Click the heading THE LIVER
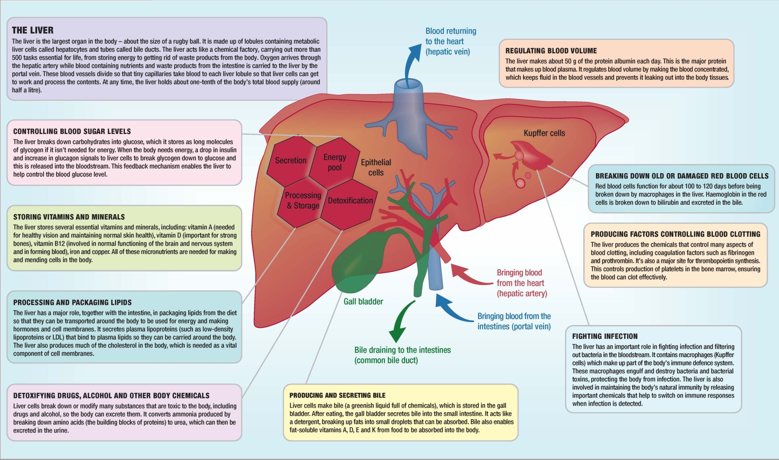33,30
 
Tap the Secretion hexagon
291,161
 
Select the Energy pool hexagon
334,163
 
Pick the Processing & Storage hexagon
303,201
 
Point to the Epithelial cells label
376,168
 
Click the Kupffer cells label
544,133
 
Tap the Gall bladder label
363,302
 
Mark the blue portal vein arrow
455,310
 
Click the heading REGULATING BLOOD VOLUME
551,51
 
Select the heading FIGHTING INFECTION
605,337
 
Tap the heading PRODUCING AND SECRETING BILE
337,395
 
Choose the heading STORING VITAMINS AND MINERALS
69,217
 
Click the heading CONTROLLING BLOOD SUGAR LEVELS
72,131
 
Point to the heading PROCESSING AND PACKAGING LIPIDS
72,302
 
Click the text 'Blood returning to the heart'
450,36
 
